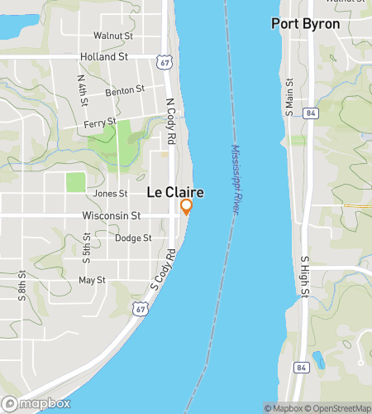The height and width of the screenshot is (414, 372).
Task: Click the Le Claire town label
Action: [175, 192]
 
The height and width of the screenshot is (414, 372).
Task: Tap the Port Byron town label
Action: [305, 24]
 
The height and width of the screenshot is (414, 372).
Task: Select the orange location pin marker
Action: [187, 206]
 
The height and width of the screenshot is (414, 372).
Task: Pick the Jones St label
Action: [111, 194]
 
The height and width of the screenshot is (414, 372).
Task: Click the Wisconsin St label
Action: [112, 215]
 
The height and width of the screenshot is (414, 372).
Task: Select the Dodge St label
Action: [133, 238]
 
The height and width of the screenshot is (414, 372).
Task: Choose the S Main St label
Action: [289, 96]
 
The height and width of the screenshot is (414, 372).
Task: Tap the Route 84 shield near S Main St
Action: [310, 113]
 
